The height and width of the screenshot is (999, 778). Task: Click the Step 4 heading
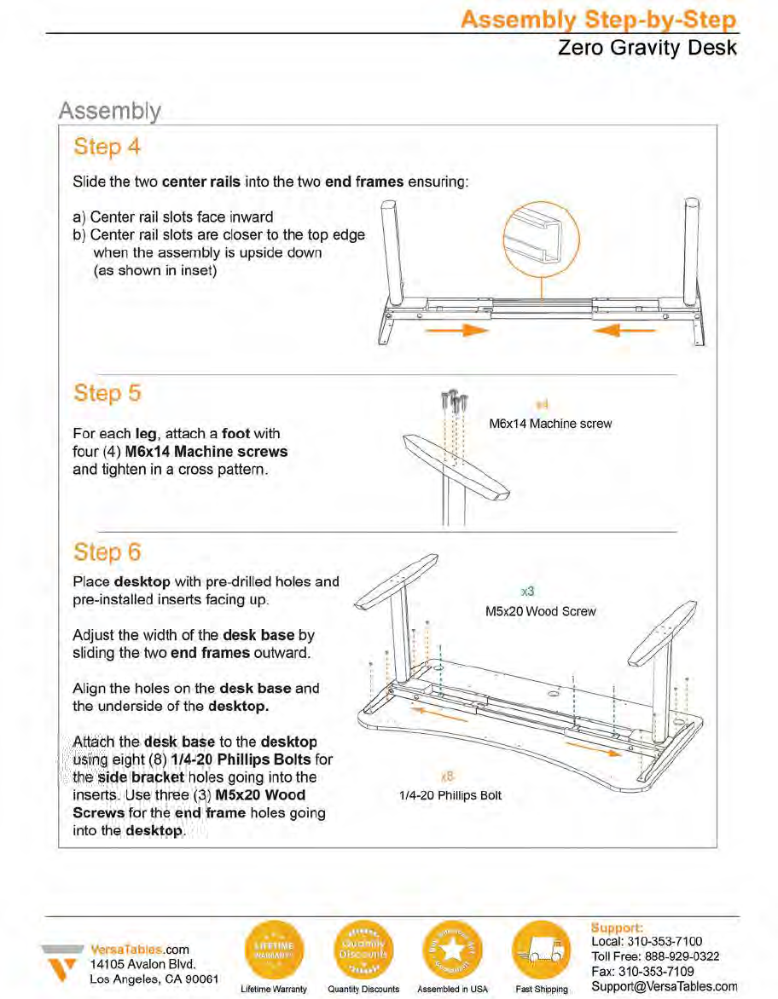click(107, 147)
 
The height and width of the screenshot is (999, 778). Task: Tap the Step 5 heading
click(107, 393)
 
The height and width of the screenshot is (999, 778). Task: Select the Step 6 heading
click(107, 552)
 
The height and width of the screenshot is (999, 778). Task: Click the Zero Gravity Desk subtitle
click(647, 47)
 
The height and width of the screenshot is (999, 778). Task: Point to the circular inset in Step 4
click(541, 242)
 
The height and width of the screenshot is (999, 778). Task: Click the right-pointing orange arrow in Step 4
click(464, 331)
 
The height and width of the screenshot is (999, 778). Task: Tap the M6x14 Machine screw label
click(550, 424)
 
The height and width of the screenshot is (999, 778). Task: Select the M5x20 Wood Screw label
click(541, 611)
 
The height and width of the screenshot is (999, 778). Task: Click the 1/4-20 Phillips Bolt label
click(450, 795)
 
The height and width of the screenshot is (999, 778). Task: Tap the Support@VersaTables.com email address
click(665, 986)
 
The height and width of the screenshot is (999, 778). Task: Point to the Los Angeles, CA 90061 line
click(154, 979)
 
